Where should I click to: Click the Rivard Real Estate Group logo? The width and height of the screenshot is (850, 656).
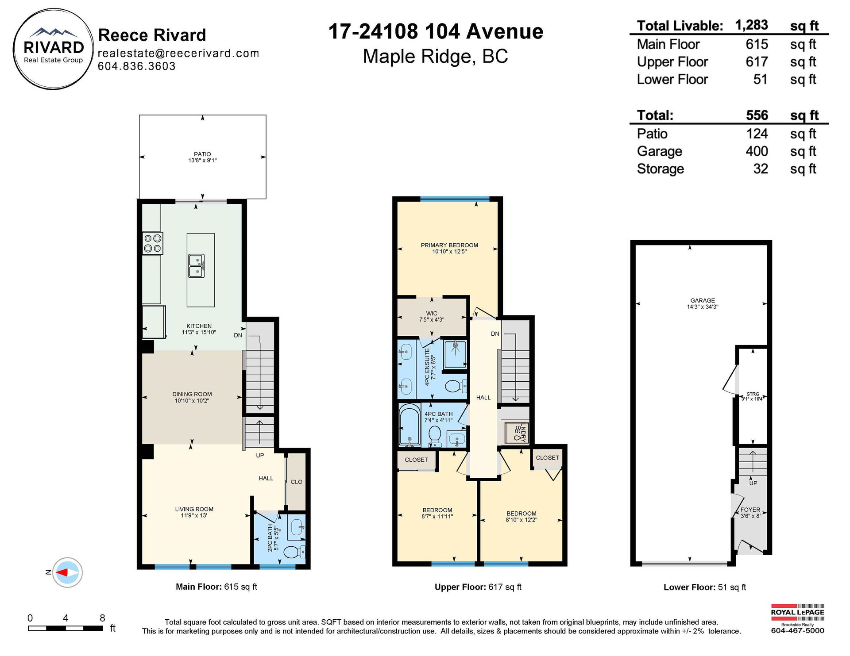coord(54,49)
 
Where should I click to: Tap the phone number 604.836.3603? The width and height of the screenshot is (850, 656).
coord(136,66)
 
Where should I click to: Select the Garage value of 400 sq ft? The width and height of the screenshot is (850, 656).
coord(757,151)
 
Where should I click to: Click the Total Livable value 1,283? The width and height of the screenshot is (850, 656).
coord(751,25)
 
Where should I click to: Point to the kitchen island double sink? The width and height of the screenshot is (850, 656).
coord(197,266)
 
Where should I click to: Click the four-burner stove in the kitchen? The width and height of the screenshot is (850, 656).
coord(153,243)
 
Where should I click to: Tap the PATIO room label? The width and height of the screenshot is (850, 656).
coord(202,154)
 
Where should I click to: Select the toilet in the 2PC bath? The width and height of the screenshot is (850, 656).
coord(294,552)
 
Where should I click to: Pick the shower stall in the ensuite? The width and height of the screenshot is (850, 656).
coord(455,354)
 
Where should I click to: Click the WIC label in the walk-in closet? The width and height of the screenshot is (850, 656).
coord(431,313)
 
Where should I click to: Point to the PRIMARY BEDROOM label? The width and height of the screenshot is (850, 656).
coord(449,245)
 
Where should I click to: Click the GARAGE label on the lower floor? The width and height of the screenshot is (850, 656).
coord(703,300)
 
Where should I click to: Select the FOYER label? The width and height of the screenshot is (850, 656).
coord(750,510)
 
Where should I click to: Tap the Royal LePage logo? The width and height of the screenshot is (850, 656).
coord(797,618)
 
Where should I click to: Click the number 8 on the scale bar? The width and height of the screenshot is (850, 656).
coord(102,618)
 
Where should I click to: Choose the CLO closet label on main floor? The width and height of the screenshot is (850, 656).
coord(297,482)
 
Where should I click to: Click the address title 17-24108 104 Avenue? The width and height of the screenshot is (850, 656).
coord(436,31)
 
